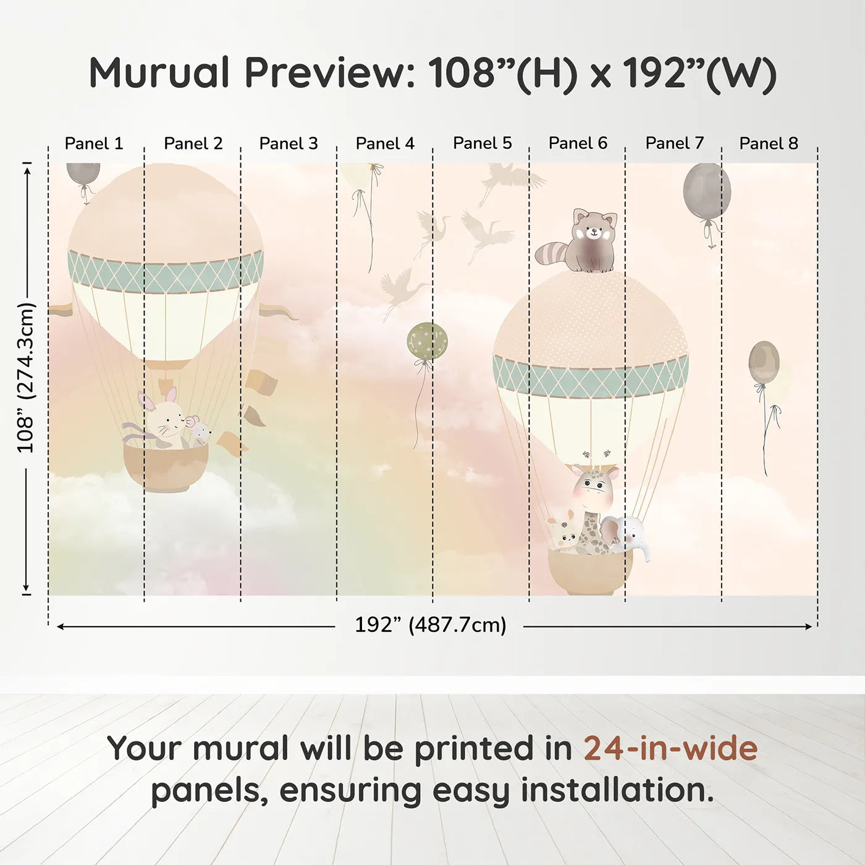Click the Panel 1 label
coord(94,143)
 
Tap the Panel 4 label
coord(385,143)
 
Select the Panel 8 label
coord(769,143)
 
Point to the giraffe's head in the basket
coord(594,485)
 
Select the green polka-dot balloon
coord(427,340)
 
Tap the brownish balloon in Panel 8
coord(764,361)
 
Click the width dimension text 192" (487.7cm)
coord(430,625)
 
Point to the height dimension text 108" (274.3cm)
coord(26,378)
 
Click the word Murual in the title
coord(160,73)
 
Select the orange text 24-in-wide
coord(670,748)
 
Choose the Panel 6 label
coord(578,143)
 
